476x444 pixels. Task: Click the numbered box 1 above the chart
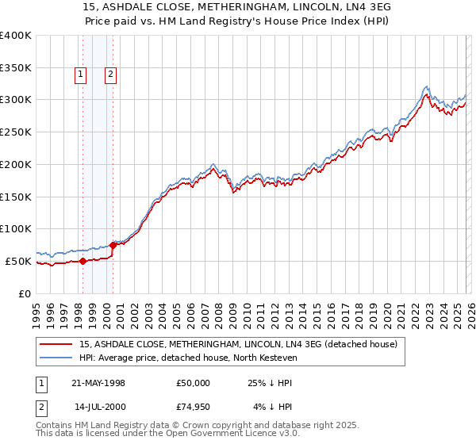(81, 75)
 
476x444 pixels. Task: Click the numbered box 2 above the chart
(110, 75)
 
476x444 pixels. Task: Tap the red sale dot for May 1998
(83, 261)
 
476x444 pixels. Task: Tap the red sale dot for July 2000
(113, 245)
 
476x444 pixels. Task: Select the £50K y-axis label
(18, 261)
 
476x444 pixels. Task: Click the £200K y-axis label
(15, 164)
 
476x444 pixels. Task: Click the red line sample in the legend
(56, 344)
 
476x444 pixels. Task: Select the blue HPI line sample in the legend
(56, 358)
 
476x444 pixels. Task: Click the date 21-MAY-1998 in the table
(98, 383)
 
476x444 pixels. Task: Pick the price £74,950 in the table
(194, 408)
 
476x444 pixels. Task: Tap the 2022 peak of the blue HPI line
(427, 86)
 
